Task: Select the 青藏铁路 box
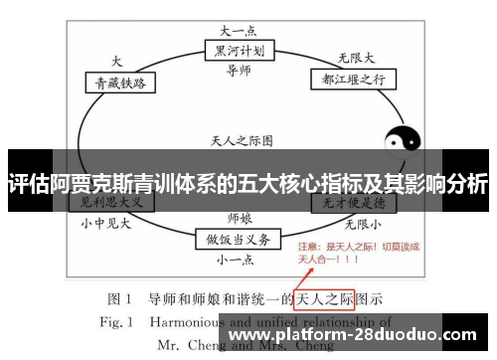(120, 85)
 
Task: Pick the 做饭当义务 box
(238, 239)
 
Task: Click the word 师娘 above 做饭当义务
(239, 217)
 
